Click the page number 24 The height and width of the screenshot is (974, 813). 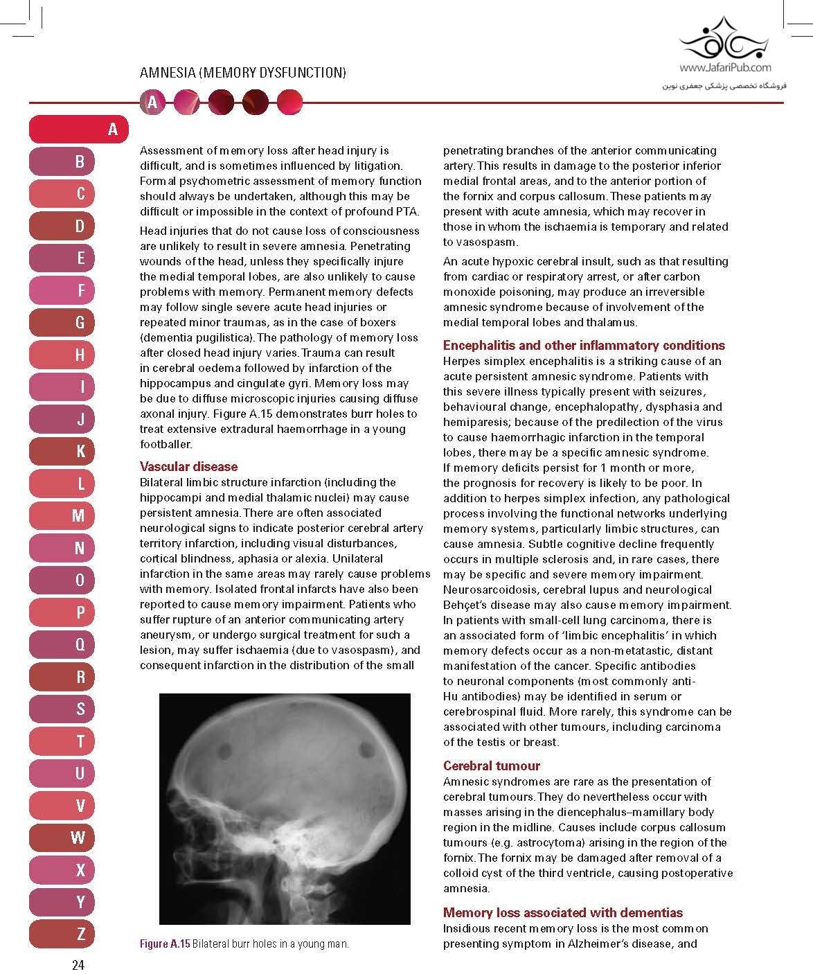[x=78, y=964]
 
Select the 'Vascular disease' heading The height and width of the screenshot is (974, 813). [x=188, y=466]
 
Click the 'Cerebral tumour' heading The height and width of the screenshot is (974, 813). [x=491, y=765]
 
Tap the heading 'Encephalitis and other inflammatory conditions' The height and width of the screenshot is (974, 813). [x=584, y=345]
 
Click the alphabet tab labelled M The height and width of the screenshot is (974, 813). [x=79, y=516]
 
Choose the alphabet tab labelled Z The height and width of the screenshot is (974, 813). [x=79, y=934]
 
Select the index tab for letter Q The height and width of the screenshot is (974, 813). [x=79, y=645]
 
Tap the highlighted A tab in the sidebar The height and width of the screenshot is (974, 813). [x=79, y=130]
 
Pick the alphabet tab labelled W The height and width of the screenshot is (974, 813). [x=79, y=838]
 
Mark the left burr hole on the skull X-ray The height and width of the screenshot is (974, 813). [x=226, y=749]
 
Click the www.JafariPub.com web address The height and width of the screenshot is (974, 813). [x=725, y=68]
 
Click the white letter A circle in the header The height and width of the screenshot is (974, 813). [x=152, y=103]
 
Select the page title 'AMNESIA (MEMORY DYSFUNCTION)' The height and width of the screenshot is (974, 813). [x=242, y=73]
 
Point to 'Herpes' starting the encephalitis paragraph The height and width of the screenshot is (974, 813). [x=461, y=361]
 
